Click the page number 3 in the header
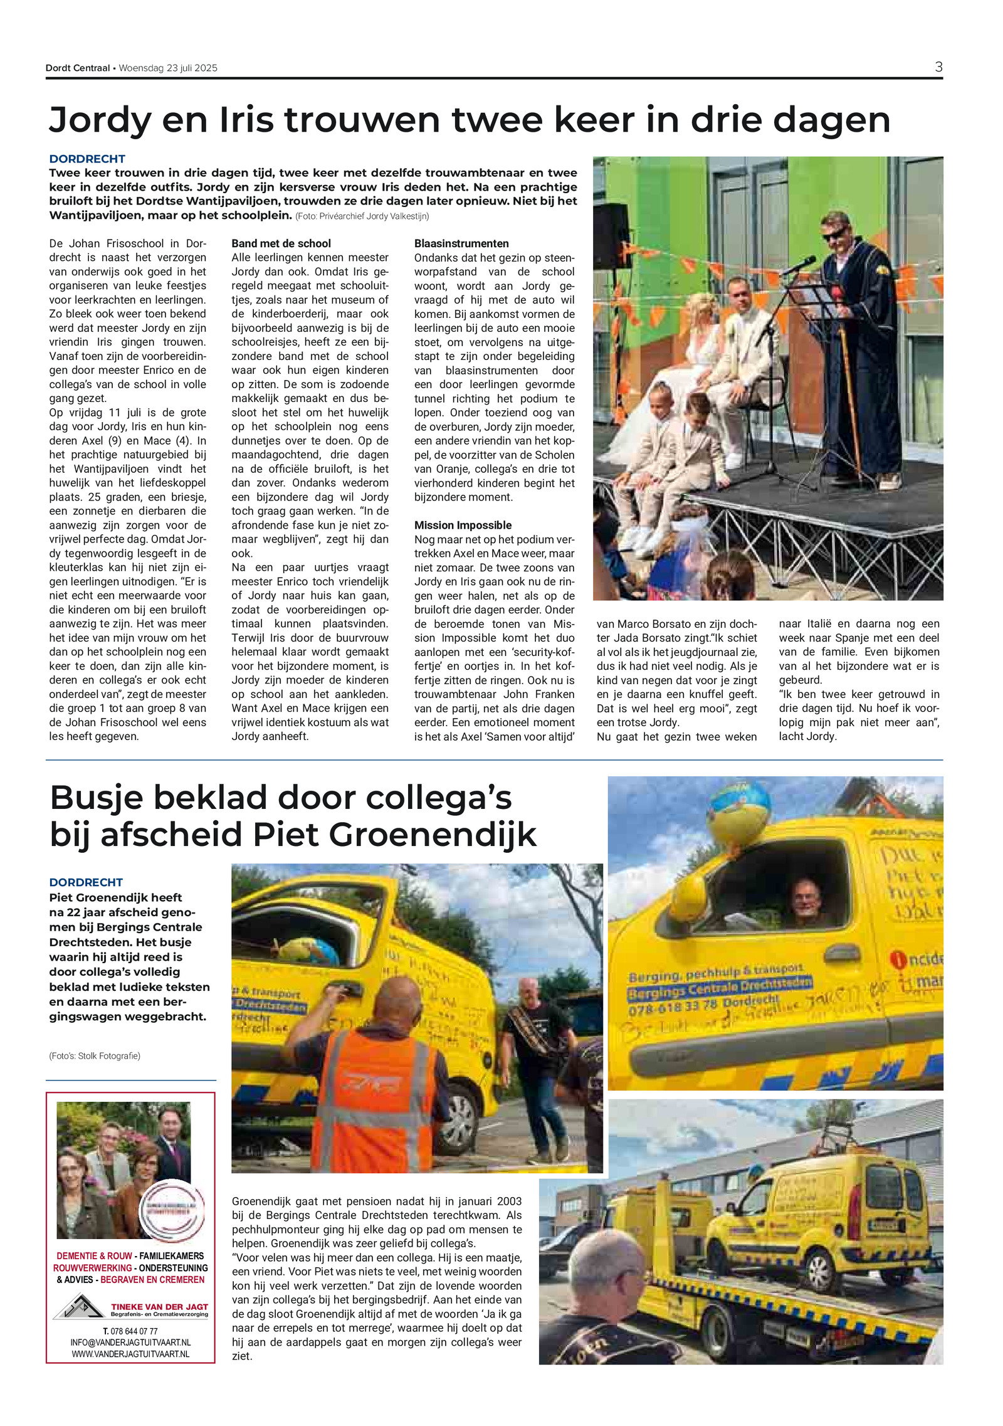coord(938,67)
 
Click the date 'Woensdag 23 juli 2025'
coord(168,68)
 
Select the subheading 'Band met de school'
coord(281,243)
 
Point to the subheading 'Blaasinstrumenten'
coord(461,243)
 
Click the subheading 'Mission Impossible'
coord(463,525)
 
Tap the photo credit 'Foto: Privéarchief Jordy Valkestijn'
coord(362,216)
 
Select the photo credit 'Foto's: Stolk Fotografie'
coord(95,1056)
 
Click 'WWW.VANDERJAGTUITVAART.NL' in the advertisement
coord(130,1355)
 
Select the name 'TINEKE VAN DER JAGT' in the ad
coord(159,1307)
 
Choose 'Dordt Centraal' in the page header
coord(78,68)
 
